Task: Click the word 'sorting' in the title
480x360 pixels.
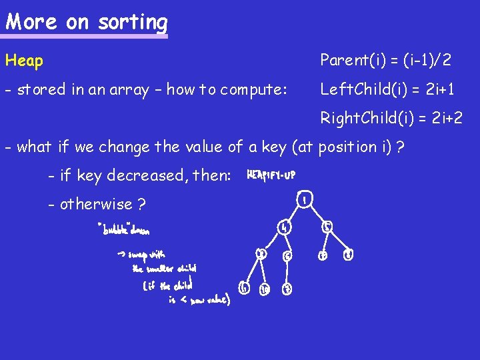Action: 133,23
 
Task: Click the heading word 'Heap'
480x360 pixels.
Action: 25,61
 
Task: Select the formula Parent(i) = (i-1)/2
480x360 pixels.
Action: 385,61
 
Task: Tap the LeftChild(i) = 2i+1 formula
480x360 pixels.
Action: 387,89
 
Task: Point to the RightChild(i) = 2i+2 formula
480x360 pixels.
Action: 391,119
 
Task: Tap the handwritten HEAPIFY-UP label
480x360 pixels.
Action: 271,175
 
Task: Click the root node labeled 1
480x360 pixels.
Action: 304,199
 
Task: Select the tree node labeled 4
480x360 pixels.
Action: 283,227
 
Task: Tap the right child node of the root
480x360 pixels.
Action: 327,227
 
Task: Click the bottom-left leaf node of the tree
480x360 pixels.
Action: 244,288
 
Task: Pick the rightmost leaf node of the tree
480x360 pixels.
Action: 348,254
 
